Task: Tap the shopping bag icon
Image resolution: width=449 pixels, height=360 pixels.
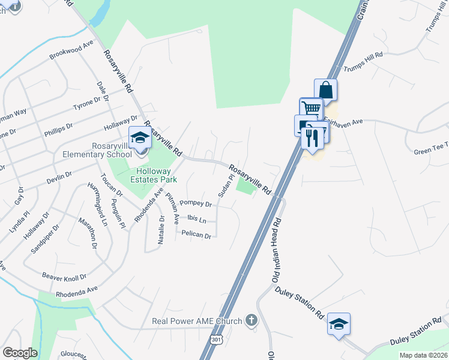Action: [x=325, y=91]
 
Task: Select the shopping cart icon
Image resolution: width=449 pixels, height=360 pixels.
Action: [x=311, y=109]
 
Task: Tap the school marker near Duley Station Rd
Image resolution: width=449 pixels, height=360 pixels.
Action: [x=339, y=325]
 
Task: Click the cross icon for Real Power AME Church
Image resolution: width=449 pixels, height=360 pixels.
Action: [x=252, y=321]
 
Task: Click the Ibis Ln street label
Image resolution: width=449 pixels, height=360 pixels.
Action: [x=193, y=218]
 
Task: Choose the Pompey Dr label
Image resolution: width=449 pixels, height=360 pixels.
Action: [x=196, y=204]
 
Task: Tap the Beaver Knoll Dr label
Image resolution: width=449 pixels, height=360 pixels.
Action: [x=64, y=277]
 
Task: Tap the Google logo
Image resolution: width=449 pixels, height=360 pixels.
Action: [x=20, y=353]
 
